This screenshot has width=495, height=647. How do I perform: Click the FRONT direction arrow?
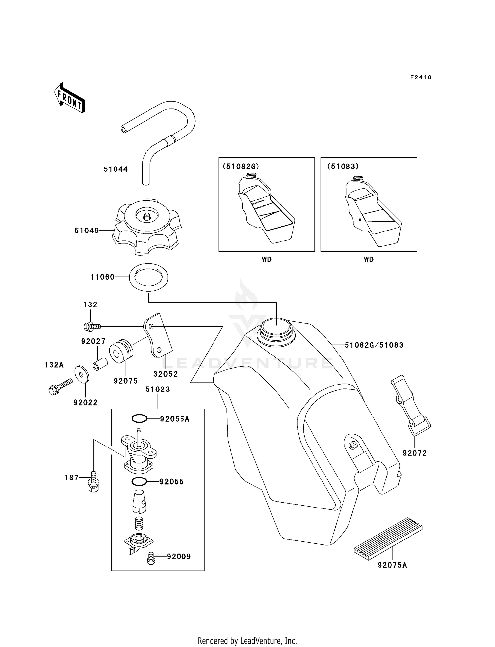tap(69, 98)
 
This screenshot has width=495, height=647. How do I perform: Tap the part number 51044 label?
tap(115, 169)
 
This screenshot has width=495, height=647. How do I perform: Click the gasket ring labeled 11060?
tap(148, 277)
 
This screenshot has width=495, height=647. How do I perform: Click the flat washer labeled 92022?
tap(82, 374)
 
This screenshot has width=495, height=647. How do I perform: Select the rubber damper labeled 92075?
tap(121, 352)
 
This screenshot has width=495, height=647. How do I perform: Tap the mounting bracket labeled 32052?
tap(158, 336)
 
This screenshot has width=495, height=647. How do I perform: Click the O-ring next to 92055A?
tap(139, 419)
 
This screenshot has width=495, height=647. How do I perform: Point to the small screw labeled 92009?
tap(151, 557)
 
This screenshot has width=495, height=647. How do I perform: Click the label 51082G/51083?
tap(374, 345)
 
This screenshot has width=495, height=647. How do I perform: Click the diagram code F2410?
tap(420, 77)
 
